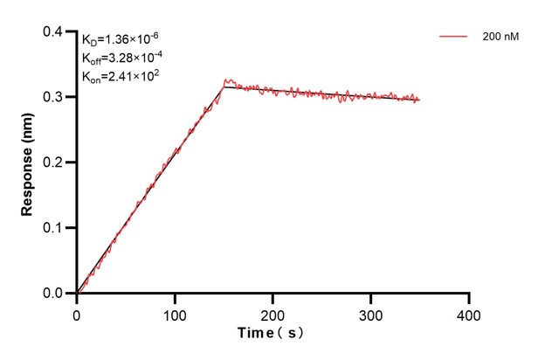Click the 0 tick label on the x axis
[77, 312]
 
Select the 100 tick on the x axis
[176, 312]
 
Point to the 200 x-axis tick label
[273, 312]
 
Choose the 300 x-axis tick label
[372, 312]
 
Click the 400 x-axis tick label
[470, 312]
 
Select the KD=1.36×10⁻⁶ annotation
[120, 39]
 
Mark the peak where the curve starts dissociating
[225, 81]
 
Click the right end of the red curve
[420, 100]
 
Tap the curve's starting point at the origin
[78, 293]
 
